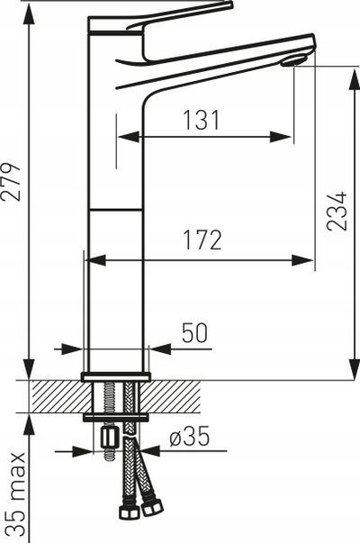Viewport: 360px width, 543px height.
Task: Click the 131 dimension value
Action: coord(201,120)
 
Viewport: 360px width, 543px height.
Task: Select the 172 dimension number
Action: coord(202,240)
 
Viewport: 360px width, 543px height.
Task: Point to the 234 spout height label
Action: coord(337,212)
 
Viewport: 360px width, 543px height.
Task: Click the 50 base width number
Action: coord(195,333)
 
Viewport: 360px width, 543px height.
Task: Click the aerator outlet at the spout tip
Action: coord(293,61)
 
